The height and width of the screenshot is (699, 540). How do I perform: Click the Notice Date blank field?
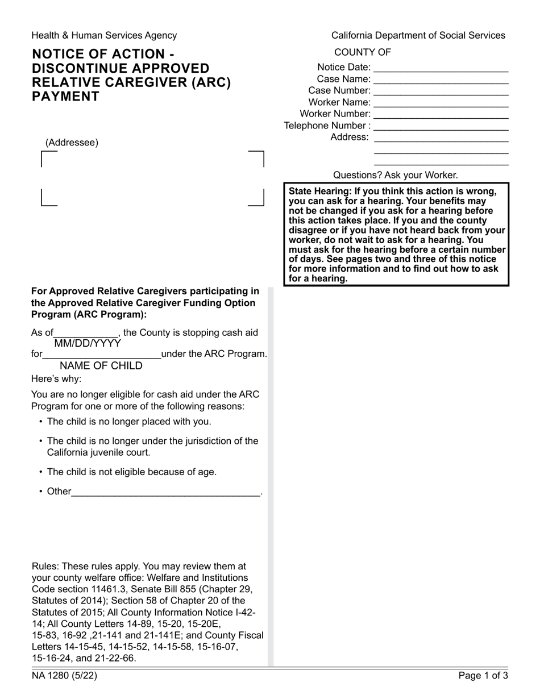pyautogui.click(x=441, y=68)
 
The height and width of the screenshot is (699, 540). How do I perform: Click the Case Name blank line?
pyautogui.click(x=441, y=80)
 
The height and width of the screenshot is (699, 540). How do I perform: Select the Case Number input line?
pyautogui.click(x=441, y=91)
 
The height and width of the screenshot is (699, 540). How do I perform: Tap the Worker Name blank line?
pyautogui.click(x=441, y=103)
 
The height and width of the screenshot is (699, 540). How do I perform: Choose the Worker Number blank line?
pyautogui.click(x=441, y=114)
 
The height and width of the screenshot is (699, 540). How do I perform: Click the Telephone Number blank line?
pyautogui.click(x=441, y=126)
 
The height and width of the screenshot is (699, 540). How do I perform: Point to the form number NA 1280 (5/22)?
pyautogui.click(x=60, y=676)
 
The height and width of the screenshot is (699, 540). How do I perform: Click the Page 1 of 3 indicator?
pyautogui.click(x=483, y=676)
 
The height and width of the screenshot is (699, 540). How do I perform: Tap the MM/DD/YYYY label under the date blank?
pyautogui.click(x=87, y=343)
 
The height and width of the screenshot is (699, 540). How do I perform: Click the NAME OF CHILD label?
pyautogui.click(x=101, y=365)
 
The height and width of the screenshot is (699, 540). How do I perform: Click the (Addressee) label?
pyautogui.click(x=72, y=143)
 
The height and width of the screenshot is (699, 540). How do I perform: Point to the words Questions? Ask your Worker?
pyautogui.click(x=395, y=175)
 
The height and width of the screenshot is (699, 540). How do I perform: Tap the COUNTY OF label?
pyautogui.click(x=363, y=52)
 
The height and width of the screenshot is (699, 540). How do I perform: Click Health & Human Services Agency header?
pyautogui.click(x=104, y=35)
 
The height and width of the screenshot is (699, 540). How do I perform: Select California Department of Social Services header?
pyautogui.click(x=418, y=35)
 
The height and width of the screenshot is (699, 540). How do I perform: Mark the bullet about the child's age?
pyautogui.click(x=131, y=472)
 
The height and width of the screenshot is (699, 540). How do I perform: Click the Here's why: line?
pyautogui.click(x=56, y=378)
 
